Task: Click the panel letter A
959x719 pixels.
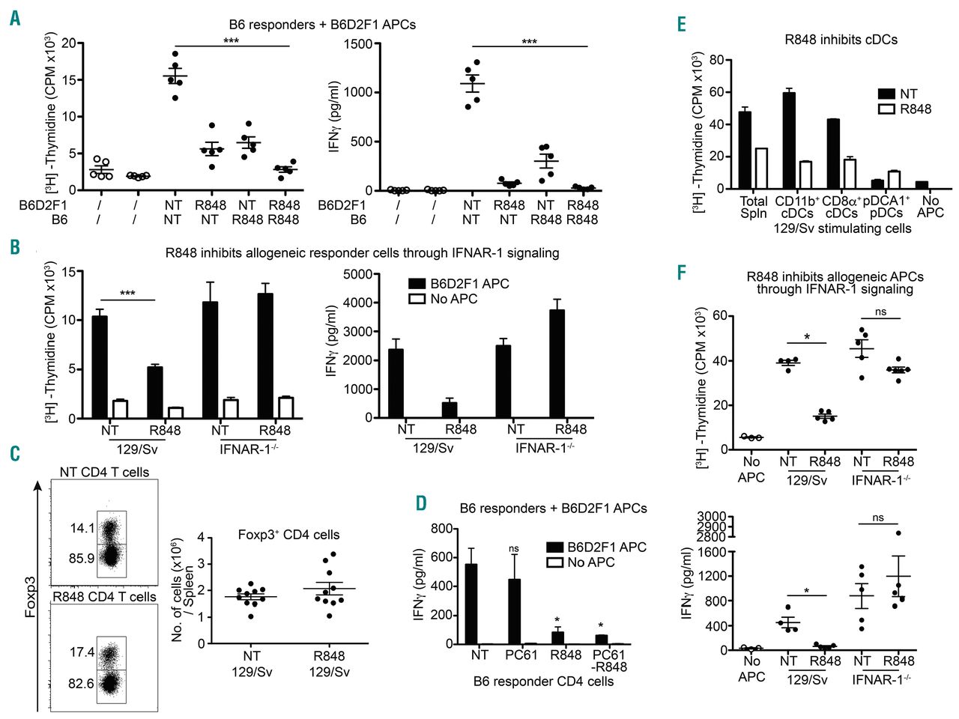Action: [15, 18]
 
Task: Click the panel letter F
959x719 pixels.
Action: [682, 271]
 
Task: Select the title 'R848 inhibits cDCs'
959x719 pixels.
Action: [841, 39]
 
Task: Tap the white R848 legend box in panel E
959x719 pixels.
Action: [886, 109]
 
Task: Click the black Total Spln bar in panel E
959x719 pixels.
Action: [745, 150]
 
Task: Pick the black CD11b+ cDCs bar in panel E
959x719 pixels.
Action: [789, 141]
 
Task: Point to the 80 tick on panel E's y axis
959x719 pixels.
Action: [716, 60]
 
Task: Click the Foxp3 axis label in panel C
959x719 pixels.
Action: [31, 596]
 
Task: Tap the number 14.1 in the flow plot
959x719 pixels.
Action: [82, 528]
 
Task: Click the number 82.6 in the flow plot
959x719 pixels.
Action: [81, 683]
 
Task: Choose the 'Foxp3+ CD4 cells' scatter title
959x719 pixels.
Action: [288, 535]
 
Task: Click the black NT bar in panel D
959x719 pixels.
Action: [471, 604]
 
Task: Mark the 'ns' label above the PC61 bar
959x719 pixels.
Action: [513, 549]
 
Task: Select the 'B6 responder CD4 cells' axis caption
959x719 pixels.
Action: [543, 682]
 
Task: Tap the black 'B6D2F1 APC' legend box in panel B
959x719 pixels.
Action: [417, 284]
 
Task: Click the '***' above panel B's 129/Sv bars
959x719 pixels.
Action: [127, 293]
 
